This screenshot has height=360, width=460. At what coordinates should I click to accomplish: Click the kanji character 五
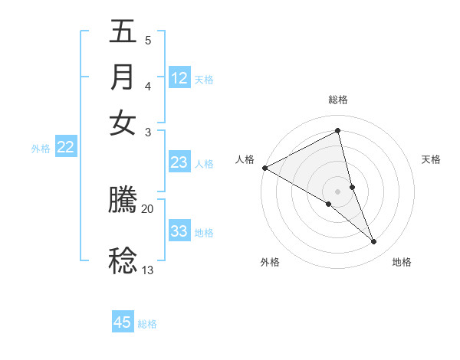pyautogui.click(x=123, y=33)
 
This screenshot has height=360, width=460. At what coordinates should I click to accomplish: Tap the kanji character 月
pyautogui.click(x=123, y=77)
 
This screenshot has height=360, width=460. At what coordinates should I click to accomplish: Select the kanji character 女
pyautogui.click(x=123, y=122)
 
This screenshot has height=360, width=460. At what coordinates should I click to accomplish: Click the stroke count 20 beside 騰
pyautogui.click(x=147, y=208)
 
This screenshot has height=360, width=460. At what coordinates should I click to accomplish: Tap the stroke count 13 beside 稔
pyautogui.click(x=147, y=270)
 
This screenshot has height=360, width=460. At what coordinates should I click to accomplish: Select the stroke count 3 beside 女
pyautogui.click(x=148, y=132)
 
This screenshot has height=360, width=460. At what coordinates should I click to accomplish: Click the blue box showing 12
pyautogui.click(x=179, y=78)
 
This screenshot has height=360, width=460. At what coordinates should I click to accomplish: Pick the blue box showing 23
pyautogui.click(x=179, y=162)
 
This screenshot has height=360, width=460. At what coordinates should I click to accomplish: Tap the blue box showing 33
pyautogui.click(x=179, y=231)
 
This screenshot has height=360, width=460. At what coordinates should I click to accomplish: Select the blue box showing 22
pyautogui.click(x=65, y=148)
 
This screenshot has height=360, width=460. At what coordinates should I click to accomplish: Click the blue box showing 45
pyautogui.click(x=123, y=322)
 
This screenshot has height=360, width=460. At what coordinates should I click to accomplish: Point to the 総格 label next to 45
pyautogui.click(x=147, y=324)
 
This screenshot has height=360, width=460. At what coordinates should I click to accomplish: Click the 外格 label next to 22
pyautogui.click(x=41, y=149)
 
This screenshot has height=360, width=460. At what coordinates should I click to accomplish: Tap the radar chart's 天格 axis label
pyautogui.click(x=431, y=159)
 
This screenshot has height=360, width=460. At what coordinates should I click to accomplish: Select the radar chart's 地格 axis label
pyautogui.click(x=402, y=262)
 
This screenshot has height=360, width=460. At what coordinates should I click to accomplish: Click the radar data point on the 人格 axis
pyautogui.click(x=264, y=168)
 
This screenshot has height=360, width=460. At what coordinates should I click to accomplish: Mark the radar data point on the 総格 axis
pyautogui.click(x=338, y=131)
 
